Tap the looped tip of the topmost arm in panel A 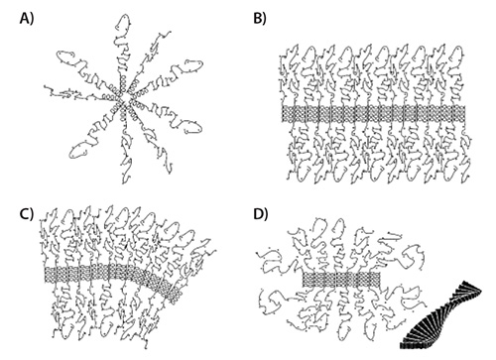[x=123, y=23]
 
